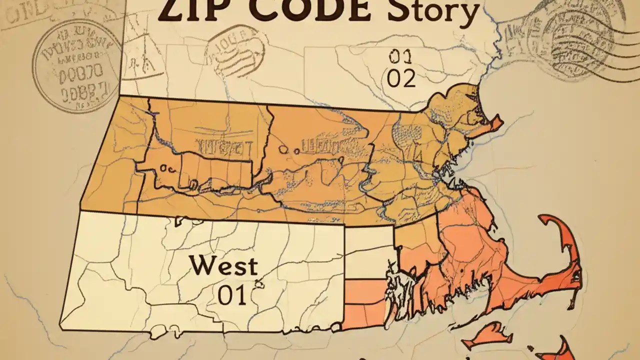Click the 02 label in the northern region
click(x=401, y=78)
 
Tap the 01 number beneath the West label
click(x=232, y=295)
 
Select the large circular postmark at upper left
click(x=77, y=65)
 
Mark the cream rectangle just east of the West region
click(x=369, y=252)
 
